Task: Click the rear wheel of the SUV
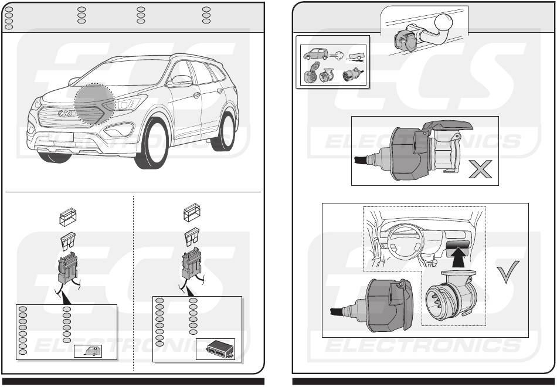point(226,131)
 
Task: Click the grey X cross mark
point(480,171)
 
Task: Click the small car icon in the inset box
point(314,56)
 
